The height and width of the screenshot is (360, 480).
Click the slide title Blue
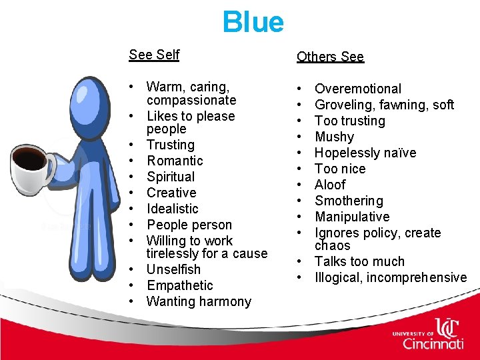click(253, 22)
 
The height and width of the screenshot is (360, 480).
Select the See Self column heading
click(154, 55)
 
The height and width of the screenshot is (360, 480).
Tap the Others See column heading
click(330, 57)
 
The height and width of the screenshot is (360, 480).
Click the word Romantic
click(175, 161)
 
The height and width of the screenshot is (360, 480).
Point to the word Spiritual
click(171, 177)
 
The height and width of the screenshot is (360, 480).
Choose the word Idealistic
click(173, 209)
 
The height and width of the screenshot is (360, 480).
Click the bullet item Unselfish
click(173, 269)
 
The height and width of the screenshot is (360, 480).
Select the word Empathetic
click(180, 285)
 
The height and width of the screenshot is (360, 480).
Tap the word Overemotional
click(358, 89)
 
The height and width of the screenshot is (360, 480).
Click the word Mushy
click(334, 137)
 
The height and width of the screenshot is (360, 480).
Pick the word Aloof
click(330, 185)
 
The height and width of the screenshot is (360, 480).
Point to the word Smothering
click(349, 201)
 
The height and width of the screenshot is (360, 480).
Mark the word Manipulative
click(352, 217)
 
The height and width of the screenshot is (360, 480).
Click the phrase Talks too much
click(359, 261)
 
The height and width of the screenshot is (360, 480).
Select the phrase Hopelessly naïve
click(365, 153)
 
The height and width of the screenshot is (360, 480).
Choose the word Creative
click(171, 193)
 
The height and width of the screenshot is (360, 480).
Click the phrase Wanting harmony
click(199, 301)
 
